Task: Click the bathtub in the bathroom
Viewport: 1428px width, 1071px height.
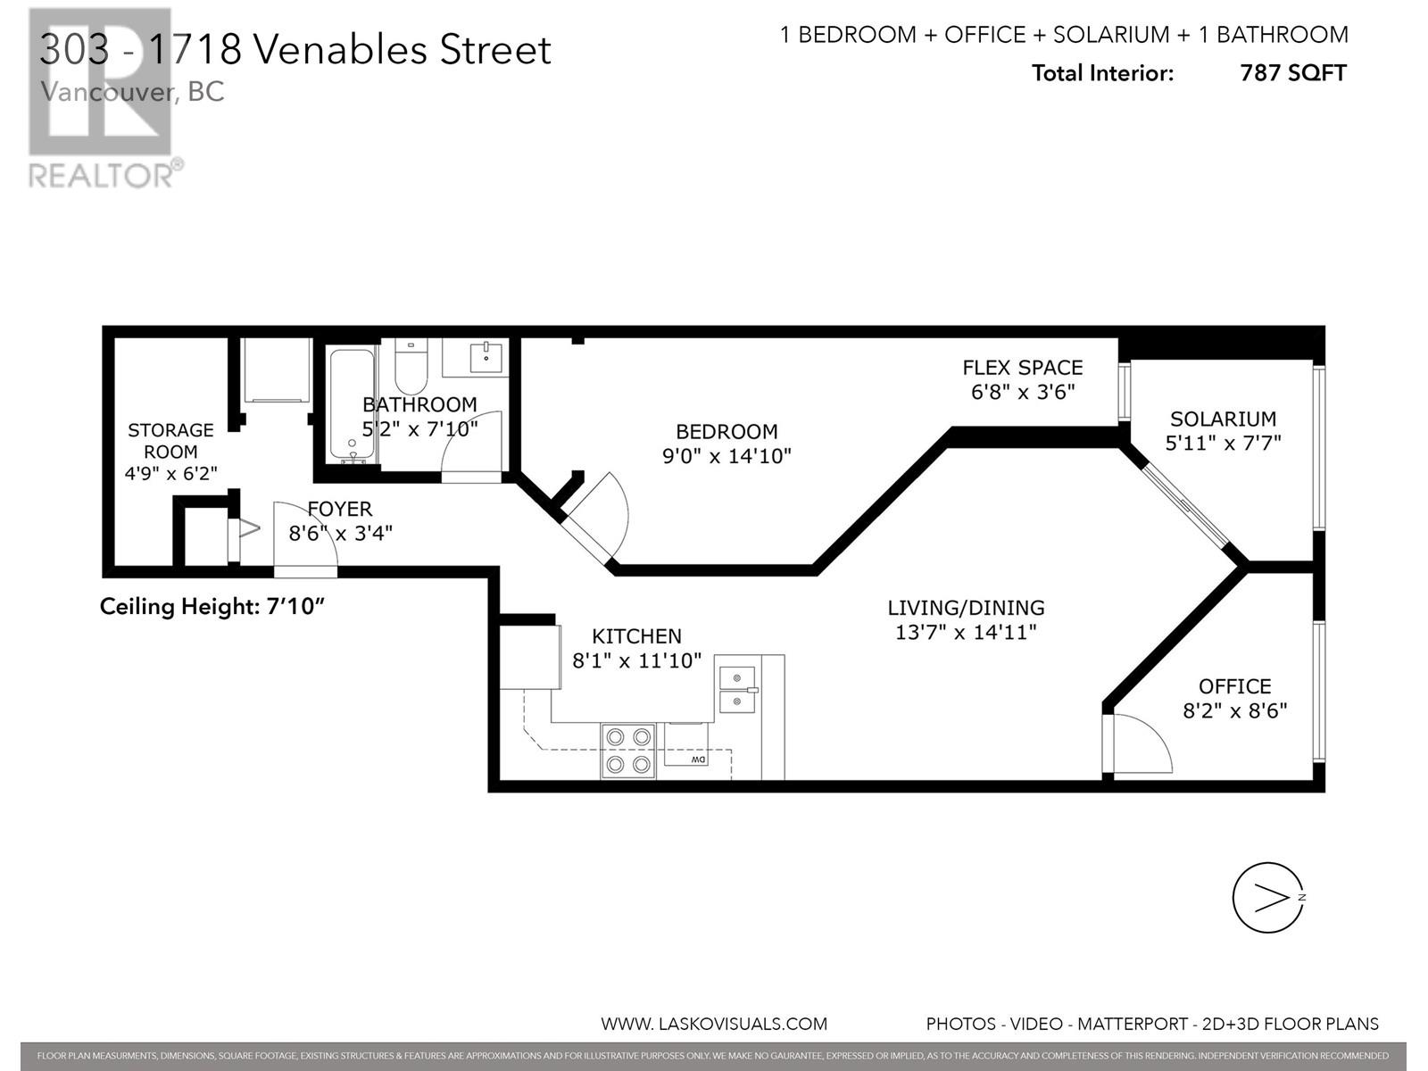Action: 352,405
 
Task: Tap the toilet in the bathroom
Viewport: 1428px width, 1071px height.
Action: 411,365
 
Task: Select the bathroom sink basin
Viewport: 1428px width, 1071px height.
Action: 486,357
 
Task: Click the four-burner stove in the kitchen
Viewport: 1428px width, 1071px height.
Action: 628,751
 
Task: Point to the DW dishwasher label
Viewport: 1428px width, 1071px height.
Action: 698,760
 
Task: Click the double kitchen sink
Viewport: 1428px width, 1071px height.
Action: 738,689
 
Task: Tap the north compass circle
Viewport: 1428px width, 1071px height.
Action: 1268,898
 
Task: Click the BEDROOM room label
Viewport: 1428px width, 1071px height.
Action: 726,432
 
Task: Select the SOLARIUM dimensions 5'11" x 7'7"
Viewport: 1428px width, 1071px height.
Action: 1223,443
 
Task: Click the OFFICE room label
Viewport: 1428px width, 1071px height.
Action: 1235,686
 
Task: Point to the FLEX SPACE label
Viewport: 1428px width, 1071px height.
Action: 1023,368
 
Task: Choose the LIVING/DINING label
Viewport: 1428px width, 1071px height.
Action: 966,608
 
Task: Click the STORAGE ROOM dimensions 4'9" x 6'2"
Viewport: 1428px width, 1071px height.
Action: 170,473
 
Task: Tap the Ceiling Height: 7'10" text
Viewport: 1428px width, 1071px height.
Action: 212,607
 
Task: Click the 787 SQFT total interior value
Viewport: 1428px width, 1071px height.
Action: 1293,73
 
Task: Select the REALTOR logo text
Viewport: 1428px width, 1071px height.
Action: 102,176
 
